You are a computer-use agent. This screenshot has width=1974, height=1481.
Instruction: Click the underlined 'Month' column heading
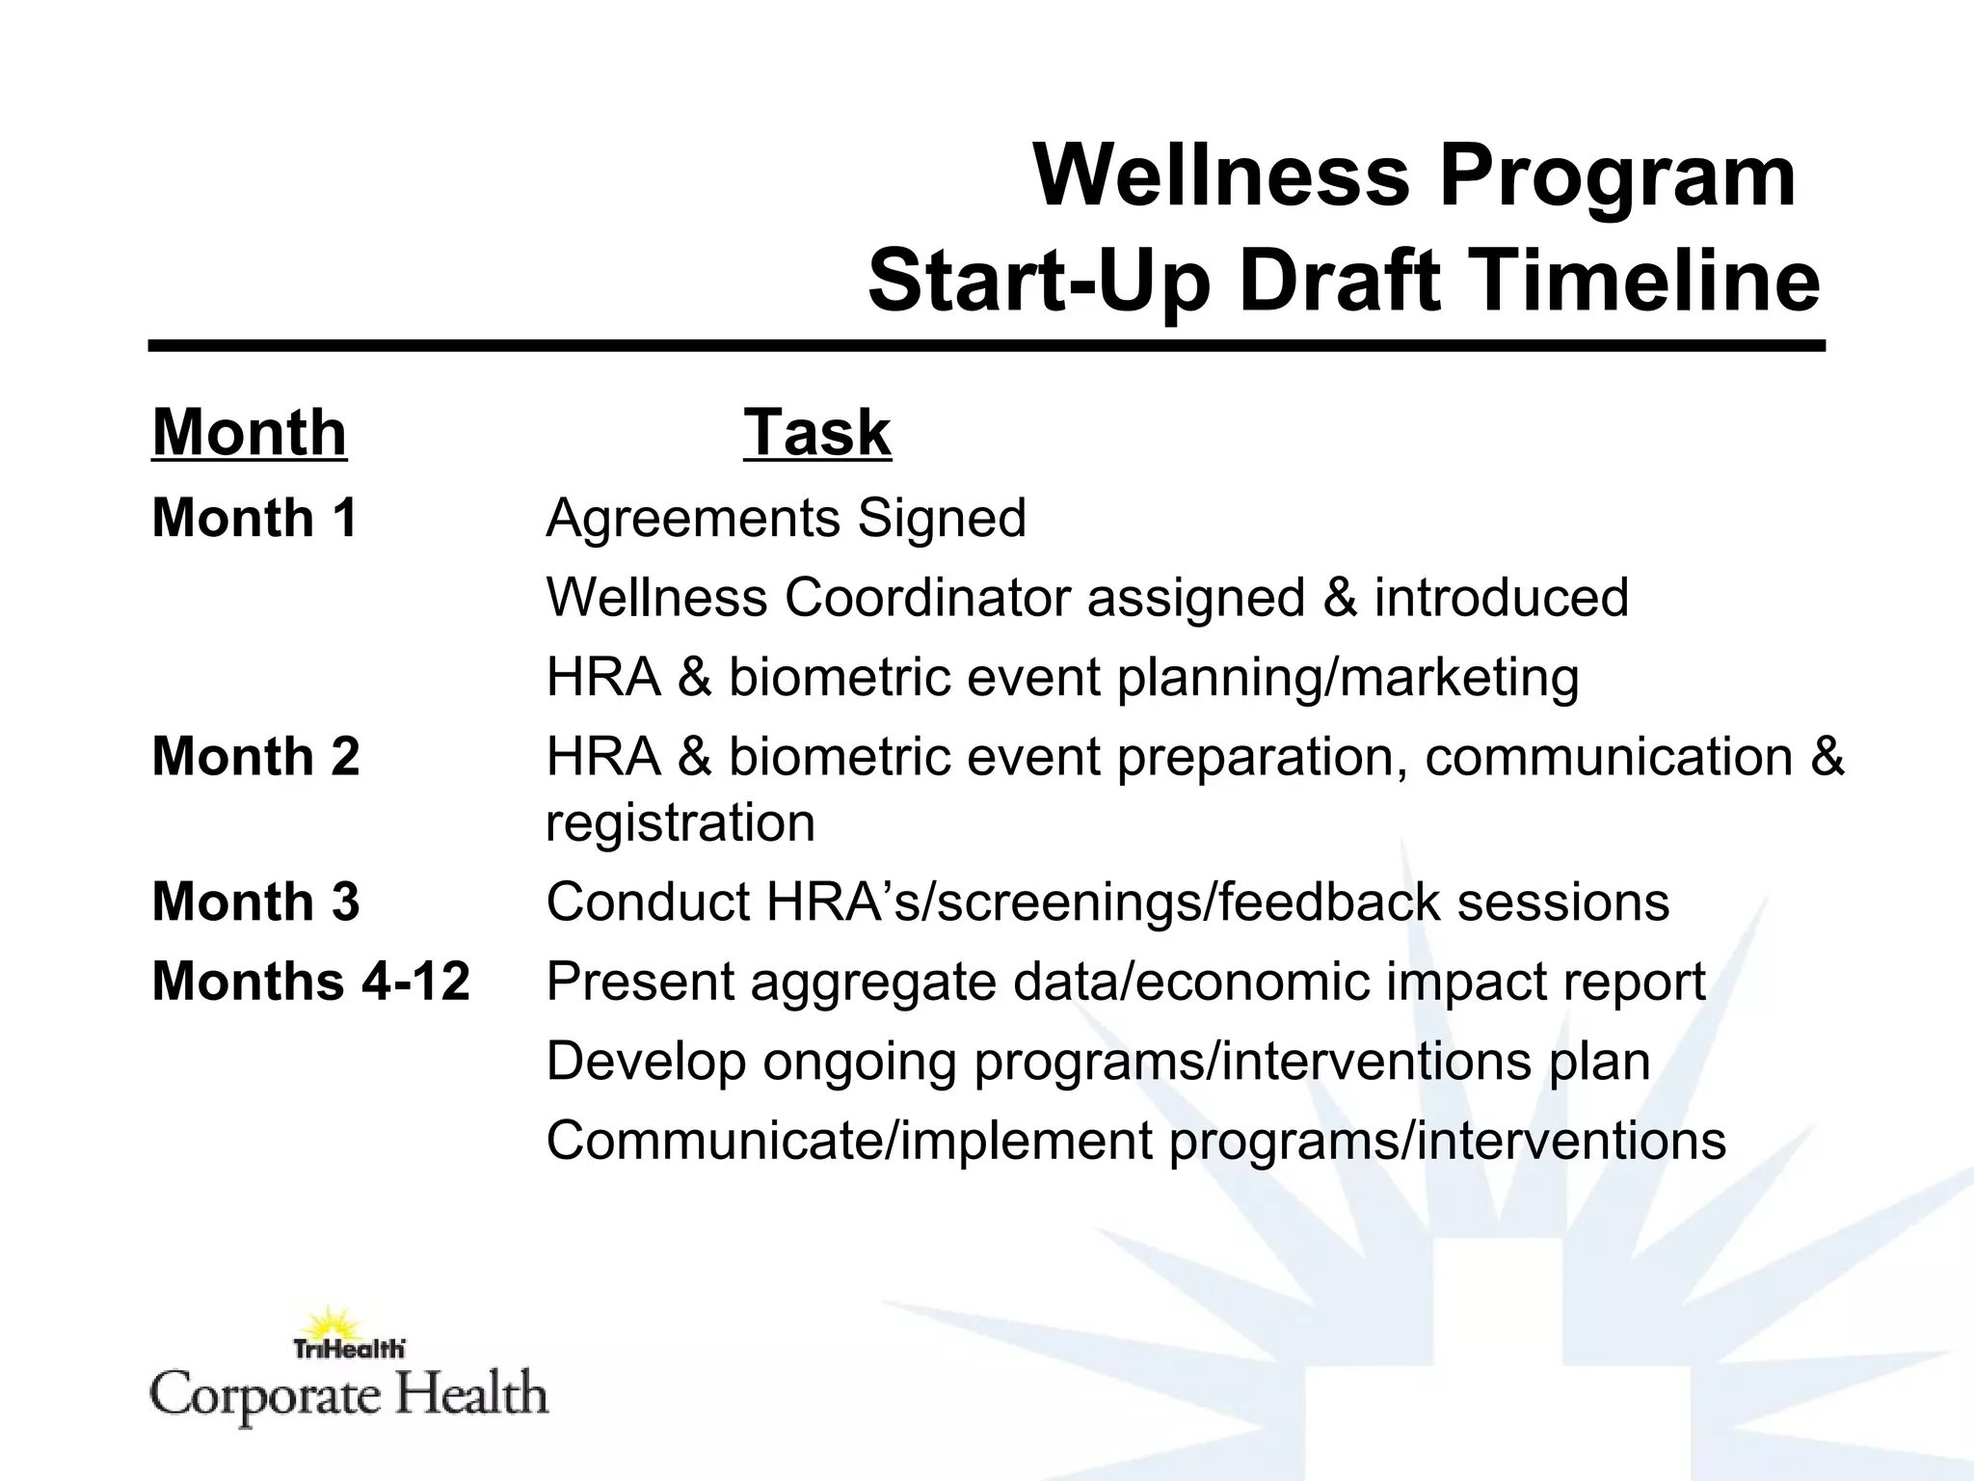coord(250,433)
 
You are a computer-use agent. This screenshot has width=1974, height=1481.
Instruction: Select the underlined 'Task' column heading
coord(816,433)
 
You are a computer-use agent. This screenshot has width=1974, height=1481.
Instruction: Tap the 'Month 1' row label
coord(255,518)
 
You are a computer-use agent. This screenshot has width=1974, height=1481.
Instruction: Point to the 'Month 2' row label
coord(255,756)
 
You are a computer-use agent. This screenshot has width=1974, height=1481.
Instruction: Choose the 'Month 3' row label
coord(255,902)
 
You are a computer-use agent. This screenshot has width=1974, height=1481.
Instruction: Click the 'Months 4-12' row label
coord(310,982)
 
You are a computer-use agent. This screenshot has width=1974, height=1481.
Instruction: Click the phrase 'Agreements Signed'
coord(786,519)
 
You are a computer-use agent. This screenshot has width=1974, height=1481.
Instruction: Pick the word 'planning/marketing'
coord(1347,678)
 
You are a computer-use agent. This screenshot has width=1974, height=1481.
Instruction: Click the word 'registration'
coord(680,822)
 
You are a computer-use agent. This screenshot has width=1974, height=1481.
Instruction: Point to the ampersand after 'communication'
coord(1827,757)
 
